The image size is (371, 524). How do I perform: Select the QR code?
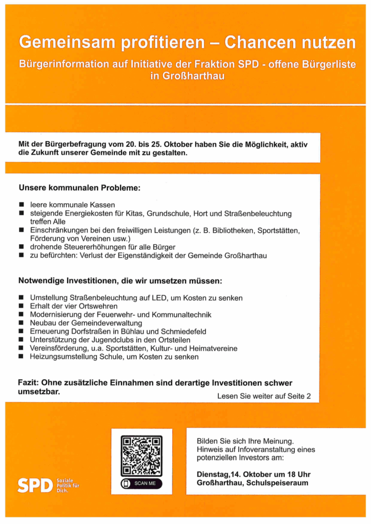[x=141, y=456]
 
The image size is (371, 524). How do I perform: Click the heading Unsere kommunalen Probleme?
[x=79, y=188]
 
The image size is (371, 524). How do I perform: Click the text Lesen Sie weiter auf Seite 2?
[x=264, y=396]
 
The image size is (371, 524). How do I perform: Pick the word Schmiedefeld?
[x=183, y=332]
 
